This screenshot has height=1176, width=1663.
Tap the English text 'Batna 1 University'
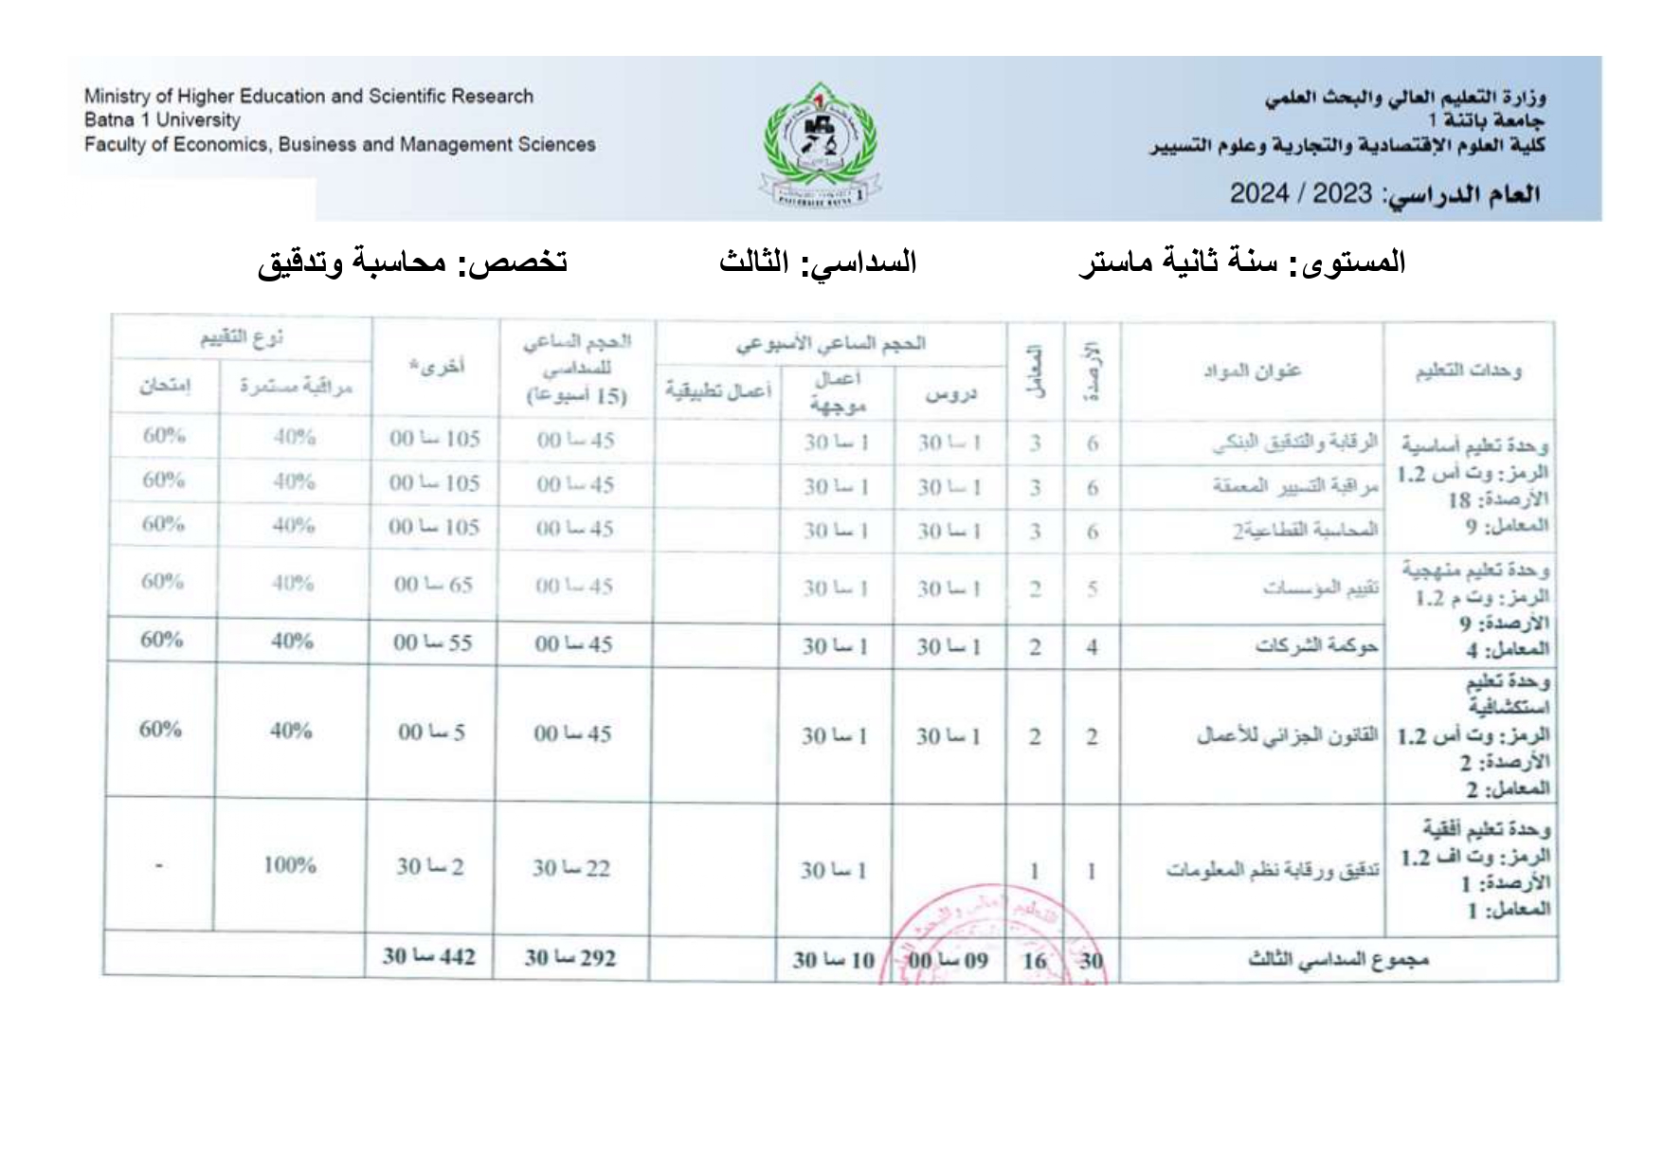162,120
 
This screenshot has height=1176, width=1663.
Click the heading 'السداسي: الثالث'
818,262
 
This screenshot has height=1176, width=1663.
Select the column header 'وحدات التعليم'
1468,371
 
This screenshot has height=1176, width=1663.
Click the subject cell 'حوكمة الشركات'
1316,646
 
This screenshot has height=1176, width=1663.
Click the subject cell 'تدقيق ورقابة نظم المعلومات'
1272,870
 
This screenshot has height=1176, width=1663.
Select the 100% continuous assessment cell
290,865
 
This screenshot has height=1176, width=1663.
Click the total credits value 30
1092,961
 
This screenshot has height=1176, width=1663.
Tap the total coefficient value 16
1035,961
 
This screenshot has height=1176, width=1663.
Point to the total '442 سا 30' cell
429,957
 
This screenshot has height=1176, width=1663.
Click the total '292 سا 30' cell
570,958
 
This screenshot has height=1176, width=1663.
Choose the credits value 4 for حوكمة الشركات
1092,647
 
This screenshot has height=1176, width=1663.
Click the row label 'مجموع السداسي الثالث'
1337,960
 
